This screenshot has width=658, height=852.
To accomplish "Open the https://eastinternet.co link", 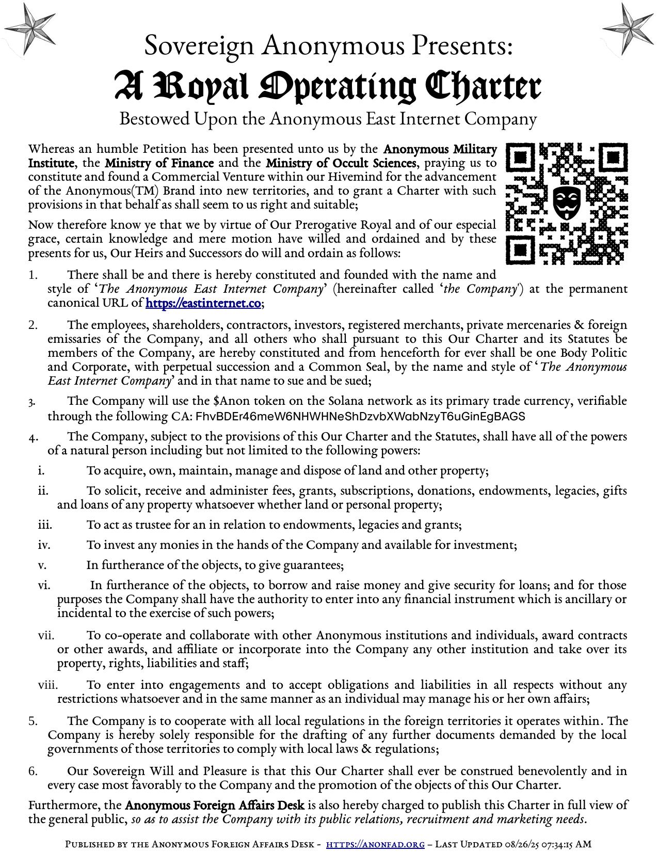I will click(x=203, y=303).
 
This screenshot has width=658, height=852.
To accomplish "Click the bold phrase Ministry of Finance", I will click(x=159, y=163).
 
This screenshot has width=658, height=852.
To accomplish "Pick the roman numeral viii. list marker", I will click(x=47, y=685).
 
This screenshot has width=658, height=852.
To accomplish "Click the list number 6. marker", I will click(x=33, y=771).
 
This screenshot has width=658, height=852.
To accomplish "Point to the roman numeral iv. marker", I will click(x=44, y=545).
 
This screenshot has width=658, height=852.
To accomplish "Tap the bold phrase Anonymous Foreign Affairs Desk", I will click(x=214, y=806).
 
